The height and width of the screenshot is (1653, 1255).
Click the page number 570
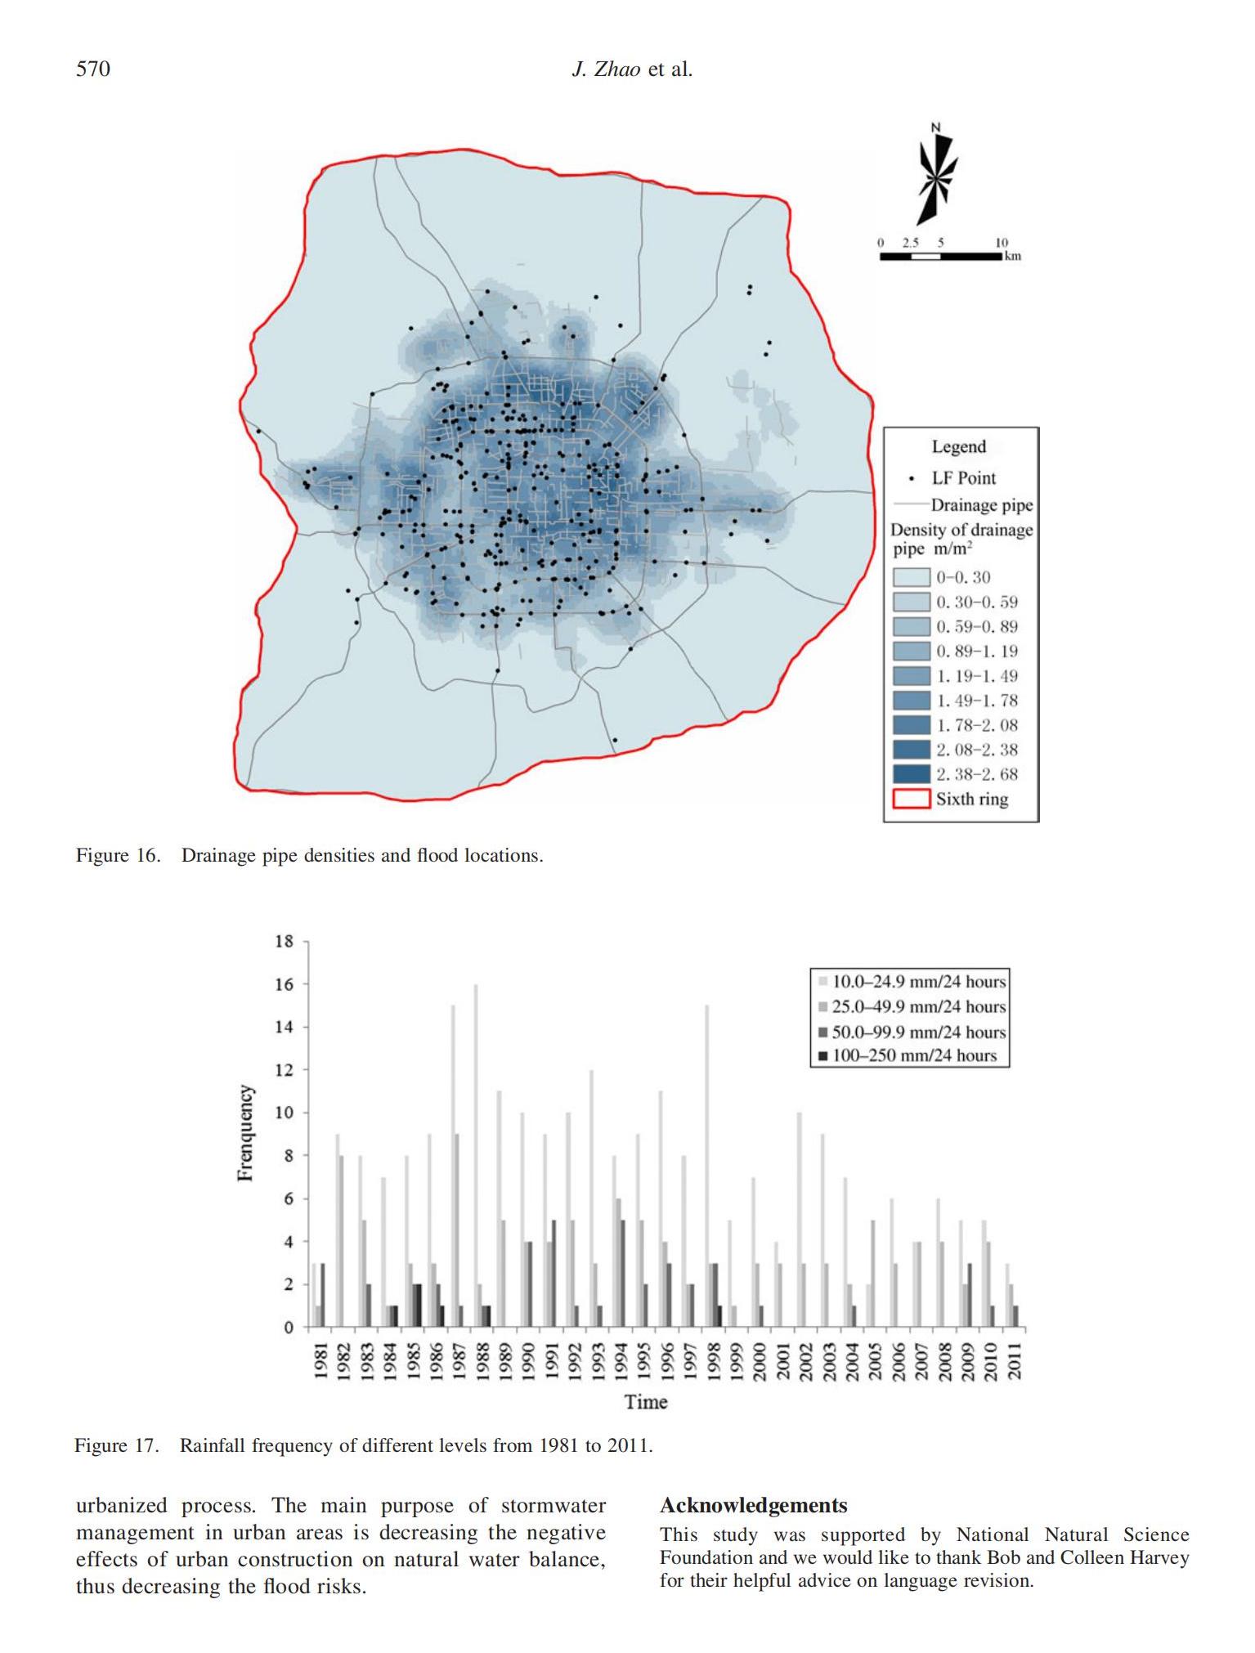coord(92,69)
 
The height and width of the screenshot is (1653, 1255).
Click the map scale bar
coord(941,256)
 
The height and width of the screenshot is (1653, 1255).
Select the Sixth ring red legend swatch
coord(911,799)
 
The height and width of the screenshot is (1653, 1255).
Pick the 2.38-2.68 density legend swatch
coord(911,774)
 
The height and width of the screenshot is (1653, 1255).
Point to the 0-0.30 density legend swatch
coord(911,577)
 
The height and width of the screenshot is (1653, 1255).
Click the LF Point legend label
coord(964,478)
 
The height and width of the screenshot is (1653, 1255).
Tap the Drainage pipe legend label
coord(982,505)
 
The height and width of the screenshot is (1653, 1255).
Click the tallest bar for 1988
coord(476,1156)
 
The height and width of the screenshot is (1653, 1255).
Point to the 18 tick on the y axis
coord(284,941)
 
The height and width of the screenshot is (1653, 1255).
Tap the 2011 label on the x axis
coord(1015,1361)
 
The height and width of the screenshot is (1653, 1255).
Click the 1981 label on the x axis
coord(321,1361)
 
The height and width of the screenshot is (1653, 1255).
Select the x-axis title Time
coord(646,1402)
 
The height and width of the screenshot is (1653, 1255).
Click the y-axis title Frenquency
coord(244,1133)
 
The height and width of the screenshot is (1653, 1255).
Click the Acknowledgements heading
coord(754,1505)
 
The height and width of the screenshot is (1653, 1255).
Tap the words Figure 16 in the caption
coord(118,855)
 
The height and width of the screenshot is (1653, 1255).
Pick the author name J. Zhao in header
coord(606,69)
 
